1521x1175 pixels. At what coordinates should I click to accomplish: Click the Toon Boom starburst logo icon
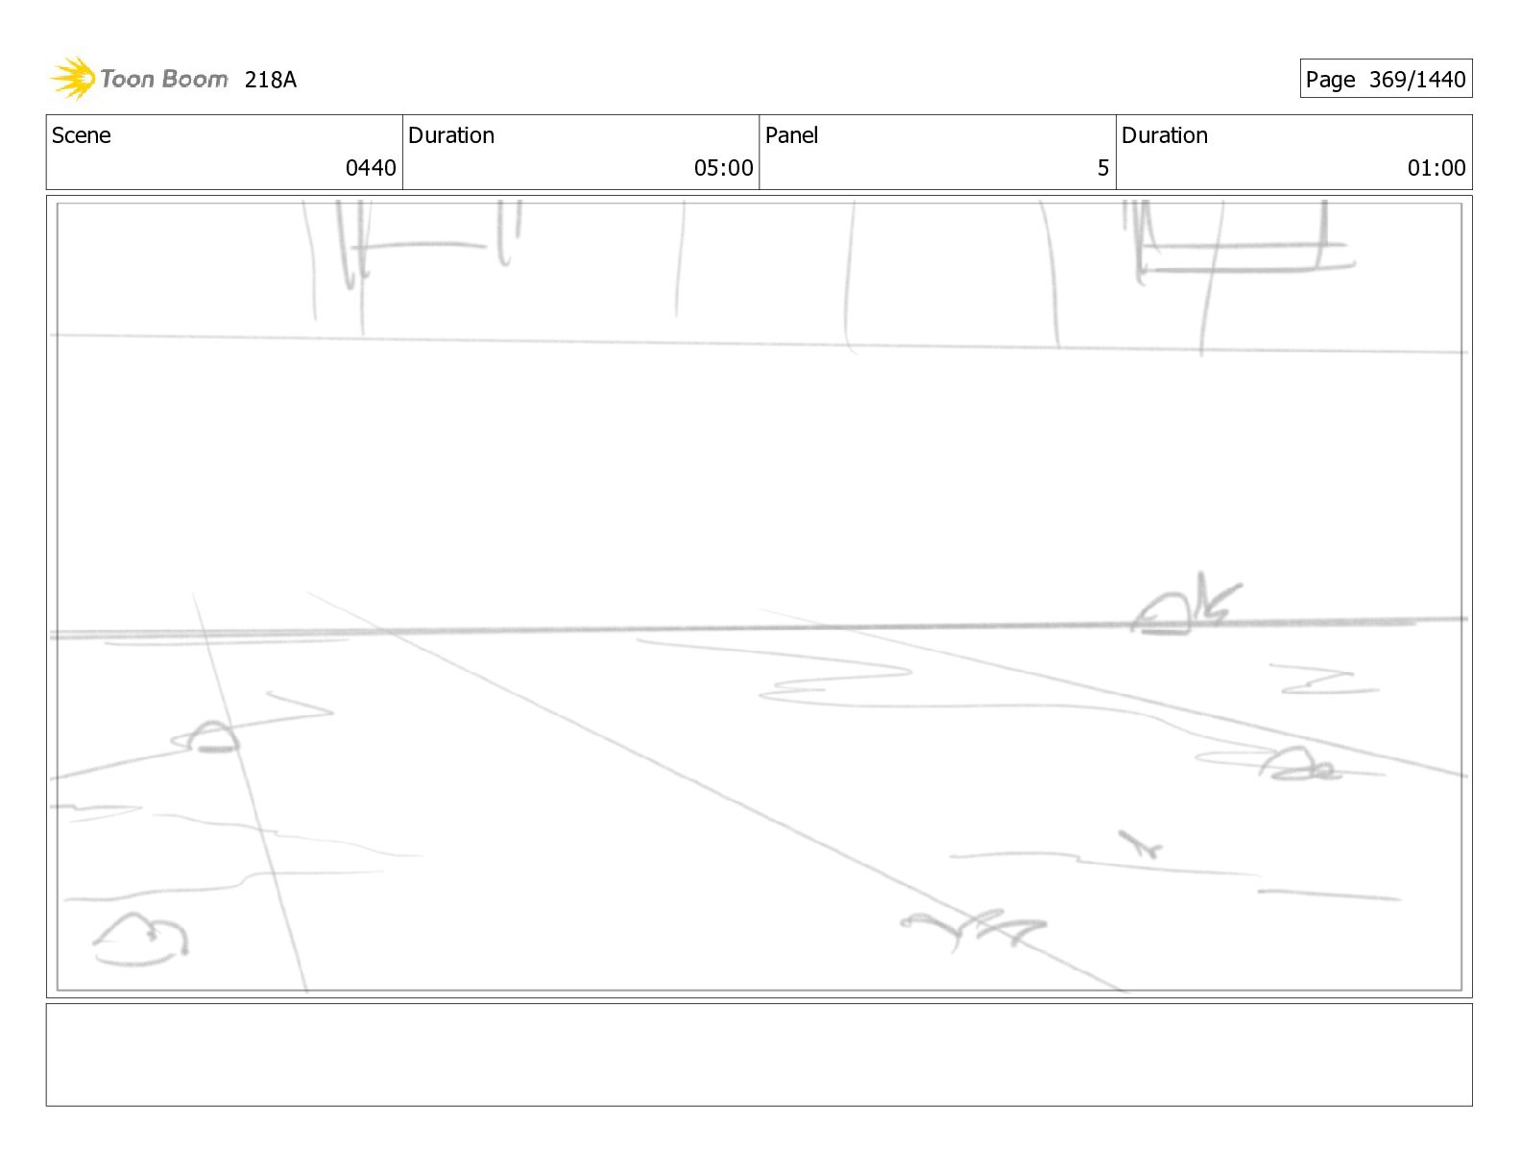click(x=73, y=78)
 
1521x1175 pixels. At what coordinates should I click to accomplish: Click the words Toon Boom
click(x=163, y=79)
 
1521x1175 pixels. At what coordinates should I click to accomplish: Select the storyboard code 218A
click(x=271, y=80)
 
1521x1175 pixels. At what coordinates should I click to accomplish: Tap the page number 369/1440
click(x=1417, y=80)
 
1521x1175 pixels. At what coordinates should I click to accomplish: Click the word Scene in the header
click(x=82, y=135)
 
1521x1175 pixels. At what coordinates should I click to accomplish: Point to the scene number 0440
click(x=371, y=168)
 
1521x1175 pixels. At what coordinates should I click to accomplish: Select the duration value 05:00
click(x=723, y=168)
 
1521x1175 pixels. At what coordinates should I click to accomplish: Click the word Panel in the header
click(x=791, y=135)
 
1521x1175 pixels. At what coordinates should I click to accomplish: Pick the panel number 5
click(x=1103, y=168)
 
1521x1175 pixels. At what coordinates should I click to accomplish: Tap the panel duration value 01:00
click(x=1436, y=168)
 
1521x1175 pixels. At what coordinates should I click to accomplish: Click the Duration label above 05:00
click(x=451, y=135)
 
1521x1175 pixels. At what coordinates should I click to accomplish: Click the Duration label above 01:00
click(x=1165, y=135)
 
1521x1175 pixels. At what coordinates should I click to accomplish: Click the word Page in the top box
click(x=1330, y=80)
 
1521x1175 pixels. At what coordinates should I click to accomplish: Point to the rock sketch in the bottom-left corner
click(x=141, y=938)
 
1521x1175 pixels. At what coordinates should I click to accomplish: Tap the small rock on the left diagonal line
click(x=211, y=737)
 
